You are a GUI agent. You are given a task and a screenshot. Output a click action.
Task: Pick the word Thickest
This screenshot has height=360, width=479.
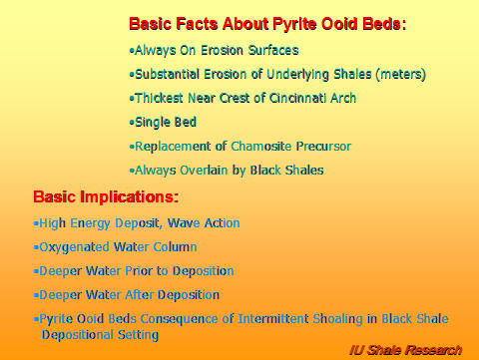click(160, 98)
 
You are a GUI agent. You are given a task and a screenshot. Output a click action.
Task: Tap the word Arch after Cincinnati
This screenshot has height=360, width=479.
click(340, 98)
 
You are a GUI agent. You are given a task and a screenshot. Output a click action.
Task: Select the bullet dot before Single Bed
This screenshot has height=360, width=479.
click(132, 123)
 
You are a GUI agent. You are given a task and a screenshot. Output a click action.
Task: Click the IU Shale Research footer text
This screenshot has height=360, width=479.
click(405, 349)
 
